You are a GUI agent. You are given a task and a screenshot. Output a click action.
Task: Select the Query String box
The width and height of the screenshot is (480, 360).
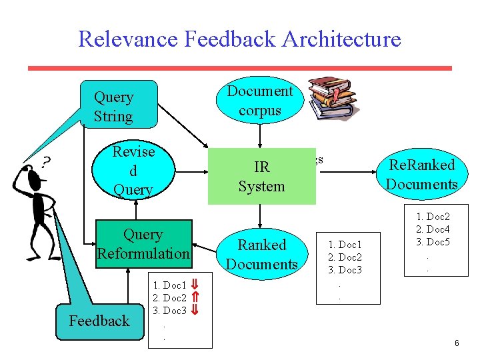point(118,105)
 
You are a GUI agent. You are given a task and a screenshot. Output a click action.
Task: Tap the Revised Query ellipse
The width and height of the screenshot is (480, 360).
point(133,171)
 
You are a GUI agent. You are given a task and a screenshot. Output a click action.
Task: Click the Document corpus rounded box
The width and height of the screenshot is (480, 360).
point(260,101)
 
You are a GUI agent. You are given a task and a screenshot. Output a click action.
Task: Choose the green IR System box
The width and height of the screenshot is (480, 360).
point(261,176)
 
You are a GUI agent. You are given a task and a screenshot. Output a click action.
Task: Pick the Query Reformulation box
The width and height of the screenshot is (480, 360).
point(143,244)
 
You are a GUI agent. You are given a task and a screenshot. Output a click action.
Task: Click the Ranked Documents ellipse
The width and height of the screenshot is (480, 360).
point(261,254)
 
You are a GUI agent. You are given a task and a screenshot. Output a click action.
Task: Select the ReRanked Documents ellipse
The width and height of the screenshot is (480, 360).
point(422,175)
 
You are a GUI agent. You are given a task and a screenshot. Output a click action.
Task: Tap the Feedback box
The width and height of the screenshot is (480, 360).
point(99,321)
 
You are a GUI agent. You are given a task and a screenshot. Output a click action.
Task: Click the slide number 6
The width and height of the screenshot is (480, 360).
point(457,343)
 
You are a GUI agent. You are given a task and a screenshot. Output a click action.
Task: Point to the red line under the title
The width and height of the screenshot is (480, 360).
point(240,68)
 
